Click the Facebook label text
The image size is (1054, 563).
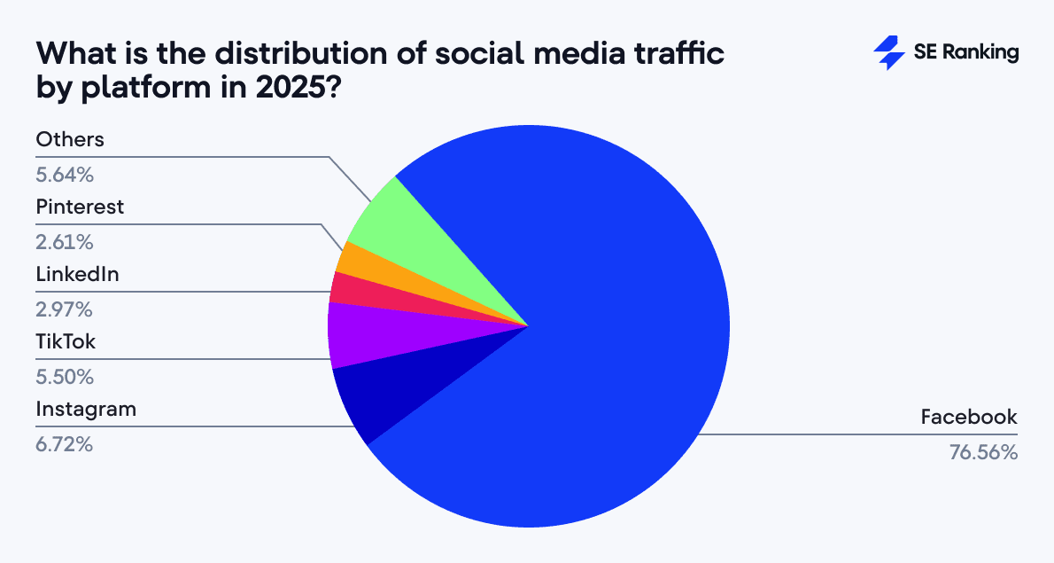click(969, 417)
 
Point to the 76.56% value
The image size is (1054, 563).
click(982, 451)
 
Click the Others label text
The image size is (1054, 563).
click(70, 139)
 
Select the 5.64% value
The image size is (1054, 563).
click(64, 174)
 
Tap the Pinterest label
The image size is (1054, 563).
click(80, 207)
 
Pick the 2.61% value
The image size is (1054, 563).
click(64, 241)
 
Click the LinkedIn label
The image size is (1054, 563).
click(77, 275)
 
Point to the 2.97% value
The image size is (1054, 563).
click(64, 309)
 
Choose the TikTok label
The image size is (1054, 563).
click(65, 342)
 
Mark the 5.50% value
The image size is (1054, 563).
click(64, 376)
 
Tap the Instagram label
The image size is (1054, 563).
click(86, 410)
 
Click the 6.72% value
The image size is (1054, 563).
click(64, 443)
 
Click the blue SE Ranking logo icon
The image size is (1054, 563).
click(888, 53)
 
